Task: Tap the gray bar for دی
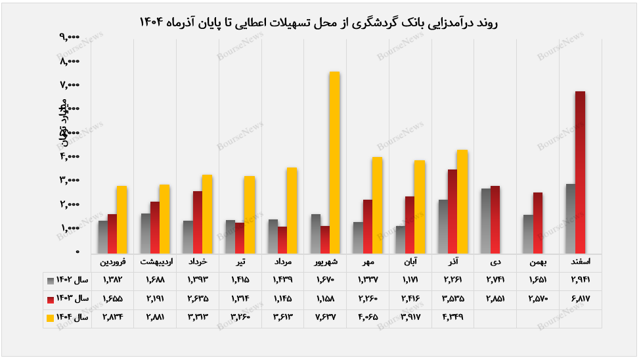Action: [x=486, y=221]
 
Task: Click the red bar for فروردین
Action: [x=112, y=233]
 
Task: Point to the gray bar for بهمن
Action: [x=528, y=234]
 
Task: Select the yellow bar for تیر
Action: [x=249, y=214]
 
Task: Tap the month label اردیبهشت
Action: [x=156, y=262]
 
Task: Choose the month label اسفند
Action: [x=580, y=262]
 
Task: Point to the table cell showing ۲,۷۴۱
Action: [x=495, y=281]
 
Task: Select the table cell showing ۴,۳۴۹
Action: [x=453, y=317]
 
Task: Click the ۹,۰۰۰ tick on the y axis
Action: [x=69, y=37]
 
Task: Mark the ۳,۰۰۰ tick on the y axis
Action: [x=69, y=180]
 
